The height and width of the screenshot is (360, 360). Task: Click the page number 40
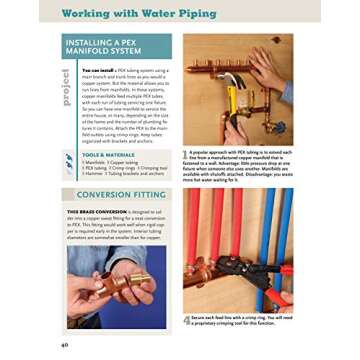coord(65,344)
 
